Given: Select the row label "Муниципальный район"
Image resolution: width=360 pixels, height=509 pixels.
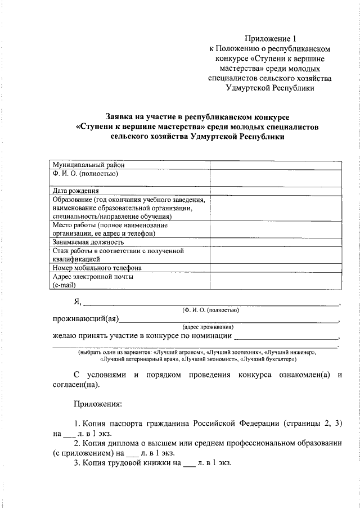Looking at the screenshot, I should tap(88, 165).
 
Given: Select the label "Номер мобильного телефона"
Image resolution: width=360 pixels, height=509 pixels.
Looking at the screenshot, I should tap(97, 268).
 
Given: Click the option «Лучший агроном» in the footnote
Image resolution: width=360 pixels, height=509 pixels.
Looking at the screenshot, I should tap(175, 352).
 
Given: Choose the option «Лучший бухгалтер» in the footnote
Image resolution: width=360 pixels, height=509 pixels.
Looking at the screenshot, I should tap(269, 358).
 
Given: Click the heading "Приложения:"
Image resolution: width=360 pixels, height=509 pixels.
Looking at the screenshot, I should tap(97, 404).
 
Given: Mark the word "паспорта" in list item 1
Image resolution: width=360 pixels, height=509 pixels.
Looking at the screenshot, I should tap(126, 423).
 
